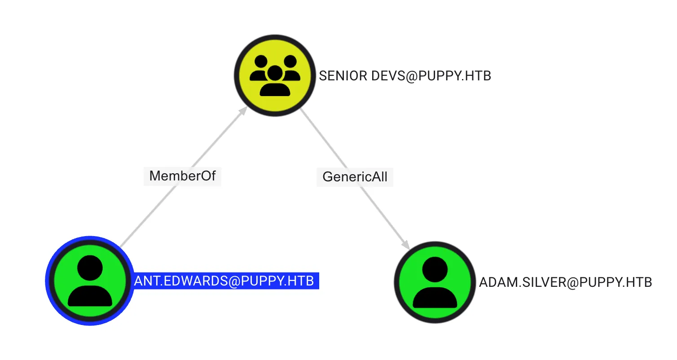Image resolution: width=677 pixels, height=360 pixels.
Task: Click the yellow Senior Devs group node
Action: point(275,75)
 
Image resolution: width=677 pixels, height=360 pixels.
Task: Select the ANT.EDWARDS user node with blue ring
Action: point(90,281)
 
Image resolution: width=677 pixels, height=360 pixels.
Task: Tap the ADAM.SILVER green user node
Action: point(435,282)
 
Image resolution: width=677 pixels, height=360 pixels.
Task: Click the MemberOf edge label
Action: point(182,176)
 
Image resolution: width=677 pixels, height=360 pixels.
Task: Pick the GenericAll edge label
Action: point(355,177)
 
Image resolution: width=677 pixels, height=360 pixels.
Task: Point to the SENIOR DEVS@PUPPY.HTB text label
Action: point(404,76)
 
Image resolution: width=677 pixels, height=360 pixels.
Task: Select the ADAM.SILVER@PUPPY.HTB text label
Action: point(565,282)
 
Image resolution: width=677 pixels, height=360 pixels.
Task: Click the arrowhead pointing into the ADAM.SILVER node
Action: point(406,245)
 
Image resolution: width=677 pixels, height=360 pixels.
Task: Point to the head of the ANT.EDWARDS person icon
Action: point(90,268)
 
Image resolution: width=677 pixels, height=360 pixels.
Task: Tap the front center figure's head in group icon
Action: point(275,72)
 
